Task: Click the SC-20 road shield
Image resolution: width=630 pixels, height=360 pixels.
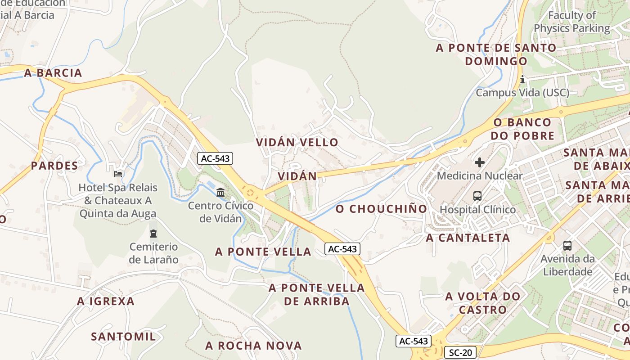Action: click(460, 352)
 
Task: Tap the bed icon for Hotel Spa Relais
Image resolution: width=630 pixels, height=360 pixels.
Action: click(118, 174)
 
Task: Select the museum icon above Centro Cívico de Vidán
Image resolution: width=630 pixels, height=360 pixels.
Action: click(220, 193)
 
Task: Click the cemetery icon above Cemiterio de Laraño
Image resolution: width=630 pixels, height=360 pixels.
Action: click(153, 234)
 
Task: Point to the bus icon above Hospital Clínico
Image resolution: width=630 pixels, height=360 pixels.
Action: click(477, 196)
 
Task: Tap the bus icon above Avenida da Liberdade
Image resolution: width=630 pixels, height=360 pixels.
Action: click(567, 246)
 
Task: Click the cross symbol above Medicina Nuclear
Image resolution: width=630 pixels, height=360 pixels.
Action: click(480, 162)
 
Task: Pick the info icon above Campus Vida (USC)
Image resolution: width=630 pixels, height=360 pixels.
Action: click(522, 80)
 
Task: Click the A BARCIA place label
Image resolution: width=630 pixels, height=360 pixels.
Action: click(53, 73)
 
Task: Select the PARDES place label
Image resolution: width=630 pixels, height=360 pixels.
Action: click(54, 166)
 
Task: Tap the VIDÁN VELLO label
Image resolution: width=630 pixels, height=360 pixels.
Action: click(297, 142)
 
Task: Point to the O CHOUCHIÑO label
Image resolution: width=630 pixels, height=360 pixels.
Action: click(381, 209)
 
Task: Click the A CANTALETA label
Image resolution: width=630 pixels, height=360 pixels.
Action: click(468, 238)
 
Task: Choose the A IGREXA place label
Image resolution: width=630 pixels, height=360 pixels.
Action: click(106, 301)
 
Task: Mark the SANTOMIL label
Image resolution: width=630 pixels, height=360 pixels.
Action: click(123, 336)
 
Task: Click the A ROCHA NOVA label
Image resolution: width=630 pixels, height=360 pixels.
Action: click(253, 346)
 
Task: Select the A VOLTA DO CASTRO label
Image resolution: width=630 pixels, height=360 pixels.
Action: click(483, 303)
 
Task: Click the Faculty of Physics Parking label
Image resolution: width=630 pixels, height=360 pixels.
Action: click(571, 22)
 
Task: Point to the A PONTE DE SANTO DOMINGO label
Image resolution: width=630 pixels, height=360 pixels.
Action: click(496, 54)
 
